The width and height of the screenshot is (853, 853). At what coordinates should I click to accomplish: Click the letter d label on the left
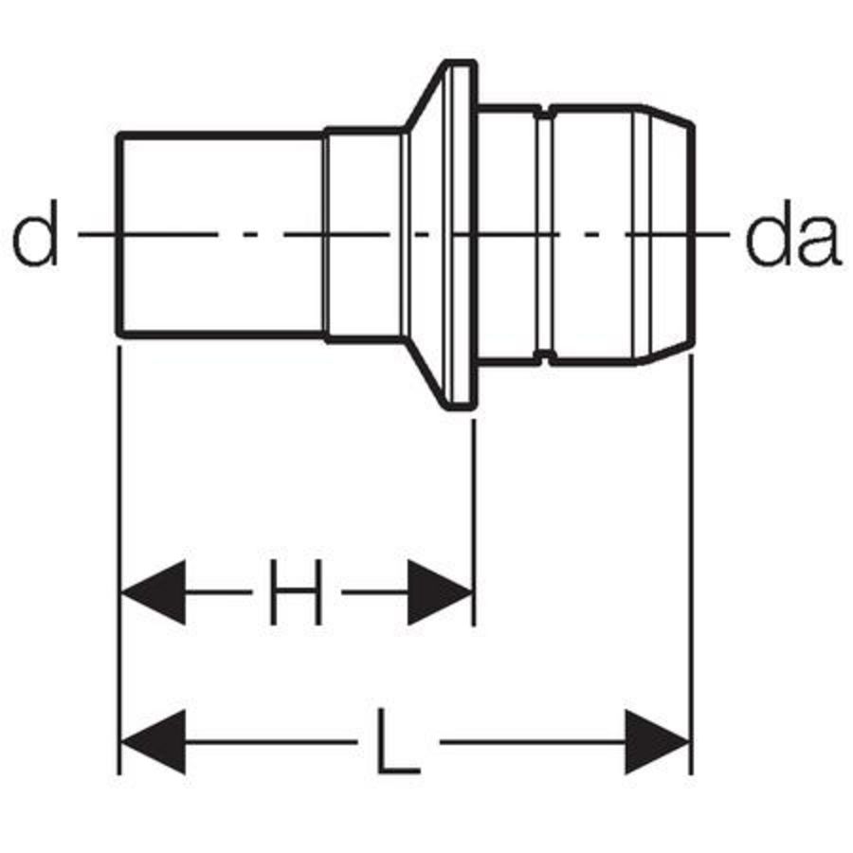[35, 233]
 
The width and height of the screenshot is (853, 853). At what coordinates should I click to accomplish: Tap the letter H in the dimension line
[297, 591]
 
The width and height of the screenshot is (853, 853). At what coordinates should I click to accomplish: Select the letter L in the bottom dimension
[398, 741]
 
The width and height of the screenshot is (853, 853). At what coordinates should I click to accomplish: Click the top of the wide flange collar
[461, 64]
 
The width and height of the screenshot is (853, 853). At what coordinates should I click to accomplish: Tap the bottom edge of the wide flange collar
[461, 406]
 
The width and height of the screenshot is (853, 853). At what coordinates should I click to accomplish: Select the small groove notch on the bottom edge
[546, 357]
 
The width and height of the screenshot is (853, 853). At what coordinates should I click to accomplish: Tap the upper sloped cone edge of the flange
[426, 96]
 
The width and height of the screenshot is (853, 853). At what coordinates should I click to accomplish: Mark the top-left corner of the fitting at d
[119, 135]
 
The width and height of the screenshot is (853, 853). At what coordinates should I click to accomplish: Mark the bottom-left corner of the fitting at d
[119, 335]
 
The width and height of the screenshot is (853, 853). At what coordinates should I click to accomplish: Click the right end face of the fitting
[693, 234]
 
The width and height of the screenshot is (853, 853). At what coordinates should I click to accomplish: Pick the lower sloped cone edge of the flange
[426, 373]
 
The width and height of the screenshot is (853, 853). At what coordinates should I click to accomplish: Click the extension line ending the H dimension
[475, 522]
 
